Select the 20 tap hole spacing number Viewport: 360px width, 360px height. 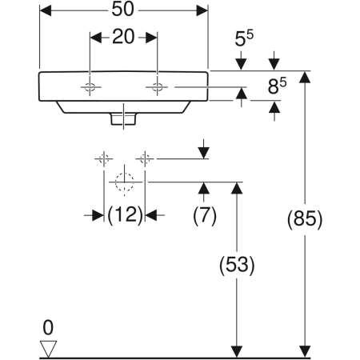pos(123,38)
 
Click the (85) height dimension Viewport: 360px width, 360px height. pos(304,218)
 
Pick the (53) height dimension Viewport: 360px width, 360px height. pos(237,265)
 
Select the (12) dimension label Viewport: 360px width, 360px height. pos(125,214)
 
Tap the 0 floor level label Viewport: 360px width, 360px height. pos(48,327)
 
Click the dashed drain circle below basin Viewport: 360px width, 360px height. pos(123,182)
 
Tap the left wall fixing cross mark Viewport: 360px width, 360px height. pos(102,158)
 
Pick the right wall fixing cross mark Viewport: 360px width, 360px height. pos(145,158)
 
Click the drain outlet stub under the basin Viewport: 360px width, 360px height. pos(124,118)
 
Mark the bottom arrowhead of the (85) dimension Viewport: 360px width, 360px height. pos(304,351)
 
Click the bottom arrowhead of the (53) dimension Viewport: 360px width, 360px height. pos(237,351)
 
